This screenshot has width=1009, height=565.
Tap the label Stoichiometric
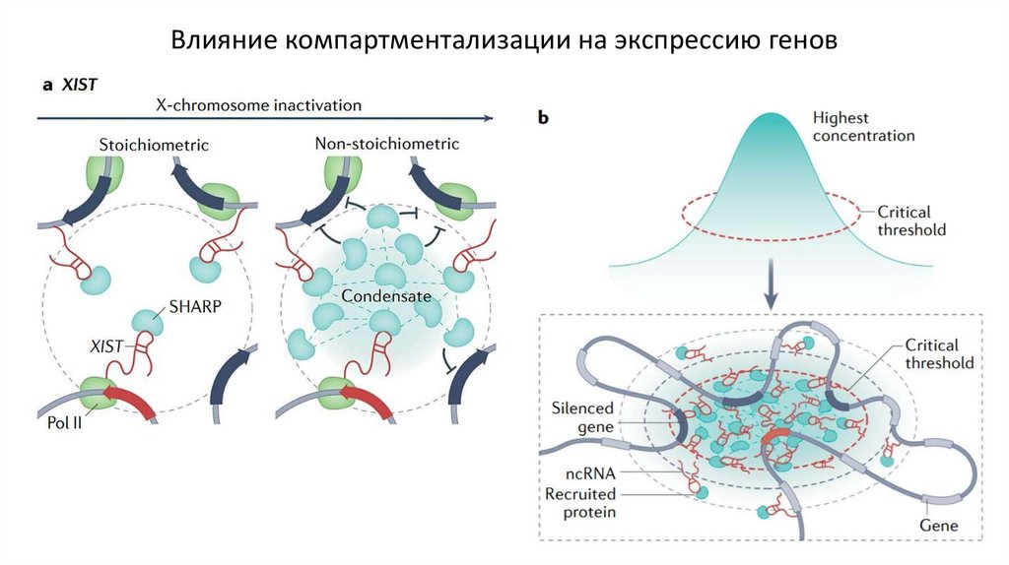click(154, 145)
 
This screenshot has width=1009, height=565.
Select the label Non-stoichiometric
click(387, 144)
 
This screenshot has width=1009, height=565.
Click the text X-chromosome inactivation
click(259, 104)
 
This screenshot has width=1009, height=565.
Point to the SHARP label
click(193, 305)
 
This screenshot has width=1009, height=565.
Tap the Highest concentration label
click(863, 126)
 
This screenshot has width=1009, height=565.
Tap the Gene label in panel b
click(938, 527)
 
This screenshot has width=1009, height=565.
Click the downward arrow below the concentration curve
click(774, 288)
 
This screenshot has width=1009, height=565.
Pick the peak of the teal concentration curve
click(774, 118)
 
